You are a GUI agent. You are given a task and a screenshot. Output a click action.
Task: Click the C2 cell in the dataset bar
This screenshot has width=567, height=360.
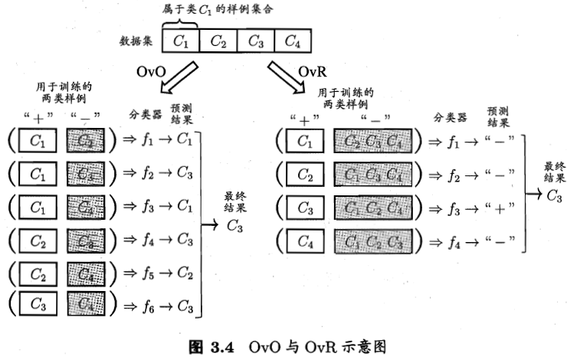coord(218,41)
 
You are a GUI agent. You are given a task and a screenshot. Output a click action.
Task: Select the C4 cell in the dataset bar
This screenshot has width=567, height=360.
coord(292,41)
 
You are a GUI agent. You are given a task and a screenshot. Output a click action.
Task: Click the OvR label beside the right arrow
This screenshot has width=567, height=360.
coord(313,72)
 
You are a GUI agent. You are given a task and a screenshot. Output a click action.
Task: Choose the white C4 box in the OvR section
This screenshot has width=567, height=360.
coord(305,242)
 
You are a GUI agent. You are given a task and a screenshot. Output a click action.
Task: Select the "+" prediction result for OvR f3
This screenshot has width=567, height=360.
coord(501,208)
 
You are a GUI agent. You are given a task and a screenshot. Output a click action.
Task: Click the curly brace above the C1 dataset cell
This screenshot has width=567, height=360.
coord(181,24)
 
